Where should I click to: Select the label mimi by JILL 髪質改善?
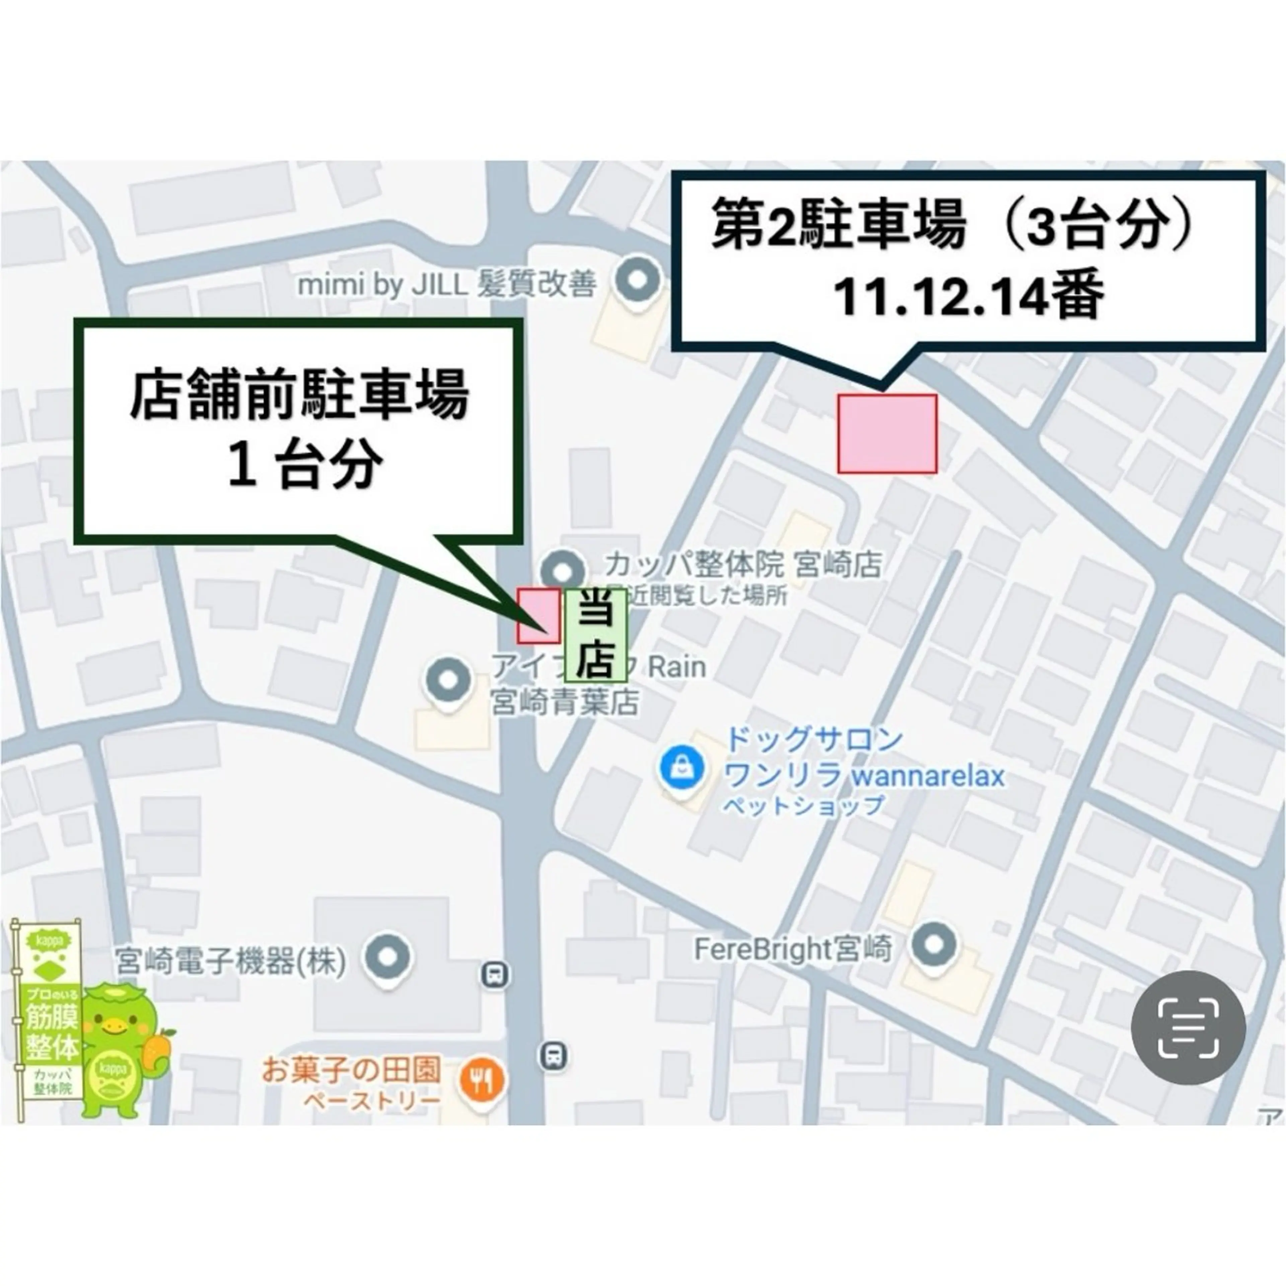[x=446, y=285]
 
